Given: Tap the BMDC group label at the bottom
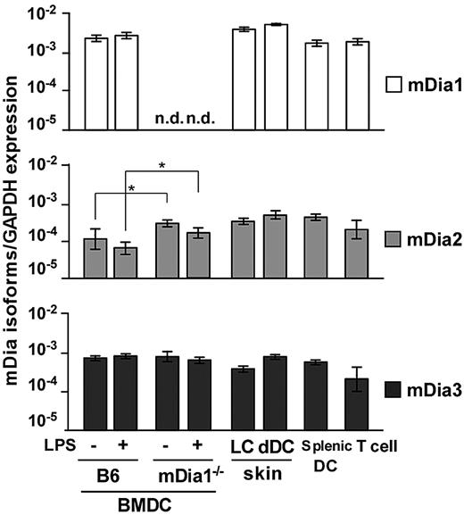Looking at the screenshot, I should (144, 503).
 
